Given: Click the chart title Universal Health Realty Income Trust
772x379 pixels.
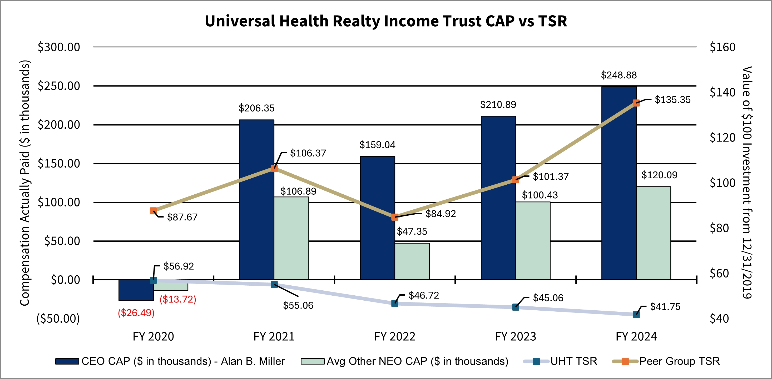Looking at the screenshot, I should click(386, 21).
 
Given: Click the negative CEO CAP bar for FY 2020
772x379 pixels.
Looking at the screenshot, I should click(136, 290).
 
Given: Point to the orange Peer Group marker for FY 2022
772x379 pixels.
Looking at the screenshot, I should click(395, 217).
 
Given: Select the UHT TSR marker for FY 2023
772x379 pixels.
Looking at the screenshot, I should click(516, 307).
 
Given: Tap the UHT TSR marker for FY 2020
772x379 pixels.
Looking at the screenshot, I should click(153, 280).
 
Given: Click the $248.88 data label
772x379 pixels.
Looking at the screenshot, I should click(619, 75).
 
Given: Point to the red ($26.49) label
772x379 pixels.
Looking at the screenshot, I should click(136, 313).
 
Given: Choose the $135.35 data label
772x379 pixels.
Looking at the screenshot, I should click(672, 100).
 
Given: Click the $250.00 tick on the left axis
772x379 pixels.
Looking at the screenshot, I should click(59, 86).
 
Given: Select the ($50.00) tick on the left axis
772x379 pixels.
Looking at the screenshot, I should click(58, 319).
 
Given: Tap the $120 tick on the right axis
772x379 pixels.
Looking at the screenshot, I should click(722, 137).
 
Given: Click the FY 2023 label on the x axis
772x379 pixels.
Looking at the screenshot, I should click(516, 336).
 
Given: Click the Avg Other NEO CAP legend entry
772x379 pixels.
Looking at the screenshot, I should click(405, 361).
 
